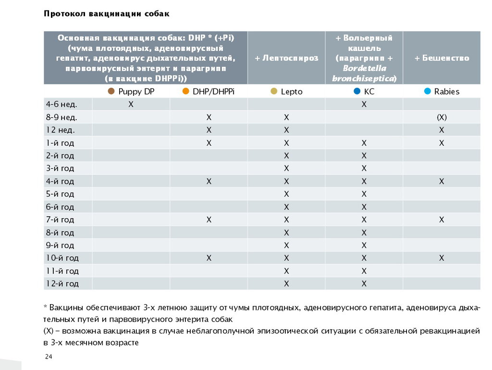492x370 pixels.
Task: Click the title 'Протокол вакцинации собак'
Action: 106,14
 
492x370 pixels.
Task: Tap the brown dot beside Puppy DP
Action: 111,91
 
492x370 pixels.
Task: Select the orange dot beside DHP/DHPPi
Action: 186,91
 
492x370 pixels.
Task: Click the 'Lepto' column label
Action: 292,92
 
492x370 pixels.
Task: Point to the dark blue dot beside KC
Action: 357,91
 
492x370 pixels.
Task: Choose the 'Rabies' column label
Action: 446,92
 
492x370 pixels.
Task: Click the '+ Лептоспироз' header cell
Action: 286,58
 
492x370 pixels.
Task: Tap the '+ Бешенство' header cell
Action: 442,58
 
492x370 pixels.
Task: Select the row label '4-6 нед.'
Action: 61,104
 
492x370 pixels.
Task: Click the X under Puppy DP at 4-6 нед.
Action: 131,104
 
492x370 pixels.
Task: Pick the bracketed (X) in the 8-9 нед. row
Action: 442,117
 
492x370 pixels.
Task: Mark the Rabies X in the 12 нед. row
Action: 442,130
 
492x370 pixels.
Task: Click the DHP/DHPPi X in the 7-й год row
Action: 209,220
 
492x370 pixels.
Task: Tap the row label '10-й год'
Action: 62,258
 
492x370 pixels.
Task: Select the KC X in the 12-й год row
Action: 364,284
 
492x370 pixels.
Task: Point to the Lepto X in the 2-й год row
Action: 286,156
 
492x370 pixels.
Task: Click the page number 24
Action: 49,357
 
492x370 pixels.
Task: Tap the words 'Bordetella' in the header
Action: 364,68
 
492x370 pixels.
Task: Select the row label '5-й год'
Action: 60,194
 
